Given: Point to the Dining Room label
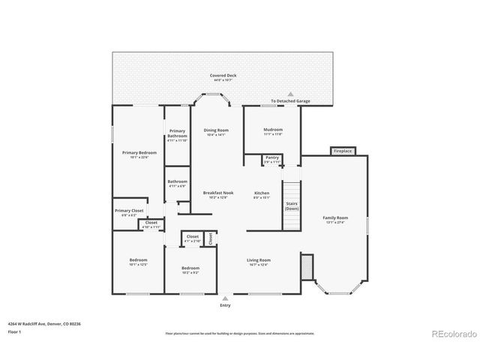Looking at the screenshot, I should (x=216, y=132).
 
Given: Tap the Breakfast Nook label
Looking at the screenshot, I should (x=218, y=194).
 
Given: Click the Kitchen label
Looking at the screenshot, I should (x=261, y=194).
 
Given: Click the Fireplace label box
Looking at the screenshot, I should (x=341, y=151).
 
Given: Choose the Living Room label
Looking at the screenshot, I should (x=259, y=262).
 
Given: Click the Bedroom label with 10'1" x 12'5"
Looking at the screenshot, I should (x=139, y=262).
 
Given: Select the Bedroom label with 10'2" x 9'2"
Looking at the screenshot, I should (x=190, y=269).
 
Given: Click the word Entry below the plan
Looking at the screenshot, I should (x=225, y=305).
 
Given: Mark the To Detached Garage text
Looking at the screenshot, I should (x=290, y=101).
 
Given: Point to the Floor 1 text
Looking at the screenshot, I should (x=14, y=331).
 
